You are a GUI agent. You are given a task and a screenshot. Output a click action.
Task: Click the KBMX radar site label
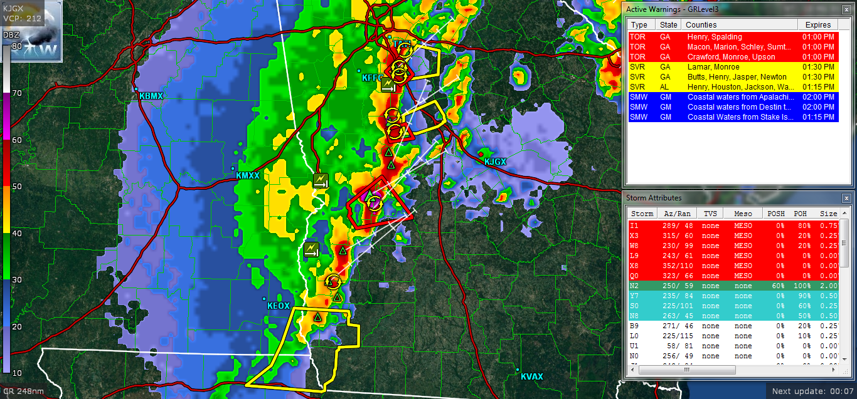tap(151, 96)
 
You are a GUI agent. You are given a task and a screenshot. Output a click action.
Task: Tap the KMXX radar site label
tap(247, 176)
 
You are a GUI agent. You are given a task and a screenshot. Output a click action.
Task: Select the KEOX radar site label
tap(279, 306)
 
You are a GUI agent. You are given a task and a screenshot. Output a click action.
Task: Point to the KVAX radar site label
tap(531, 376)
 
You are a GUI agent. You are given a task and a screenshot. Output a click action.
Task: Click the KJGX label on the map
tap(495, 162)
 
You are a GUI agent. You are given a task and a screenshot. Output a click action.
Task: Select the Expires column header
tap(817, 25)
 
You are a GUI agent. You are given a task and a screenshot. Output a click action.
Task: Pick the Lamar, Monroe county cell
tap(713, 67)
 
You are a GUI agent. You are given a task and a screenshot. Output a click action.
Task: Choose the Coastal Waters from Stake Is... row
tap(733, 117)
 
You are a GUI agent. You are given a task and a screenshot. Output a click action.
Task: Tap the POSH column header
tap(776, 214)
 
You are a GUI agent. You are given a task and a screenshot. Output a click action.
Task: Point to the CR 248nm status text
tap(24, 391)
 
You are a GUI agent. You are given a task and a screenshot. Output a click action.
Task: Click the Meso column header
tap(743, 214)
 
